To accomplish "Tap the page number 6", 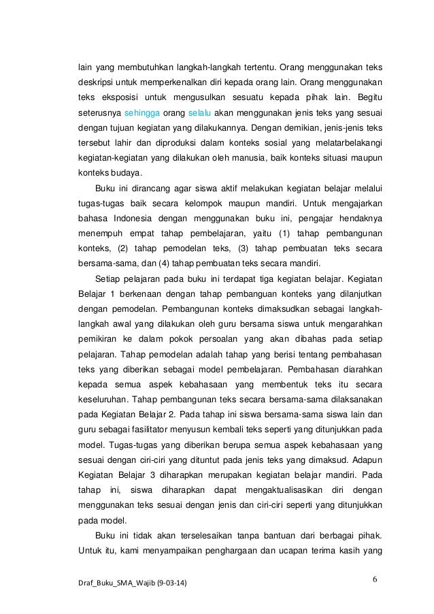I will pos(375,579).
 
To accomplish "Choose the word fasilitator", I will pos(173,432).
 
